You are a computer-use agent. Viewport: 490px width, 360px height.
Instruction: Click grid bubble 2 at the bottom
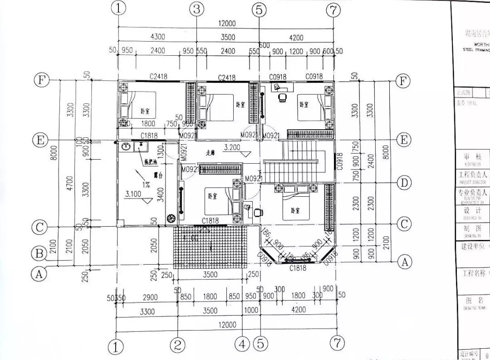tap(177, 346)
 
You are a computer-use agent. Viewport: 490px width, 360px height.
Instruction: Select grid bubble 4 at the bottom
tap(242, 345)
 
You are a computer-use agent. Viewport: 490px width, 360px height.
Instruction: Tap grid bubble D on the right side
tap(403, 183)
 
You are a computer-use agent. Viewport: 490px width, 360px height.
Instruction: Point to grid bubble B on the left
tap(40, 253)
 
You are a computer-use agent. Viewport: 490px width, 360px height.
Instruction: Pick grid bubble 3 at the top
tap(196, 9)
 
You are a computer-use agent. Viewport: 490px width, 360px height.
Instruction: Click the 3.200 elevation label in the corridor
tap(232, 147)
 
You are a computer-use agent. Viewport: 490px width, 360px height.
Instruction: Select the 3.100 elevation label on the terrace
tap(133, 194)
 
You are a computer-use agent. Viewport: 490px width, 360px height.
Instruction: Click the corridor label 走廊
tap(211, 153)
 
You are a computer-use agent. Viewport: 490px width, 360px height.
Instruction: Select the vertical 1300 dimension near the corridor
tap(160, 149)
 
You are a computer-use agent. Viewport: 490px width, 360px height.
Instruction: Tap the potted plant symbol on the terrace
tap(171, 218)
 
